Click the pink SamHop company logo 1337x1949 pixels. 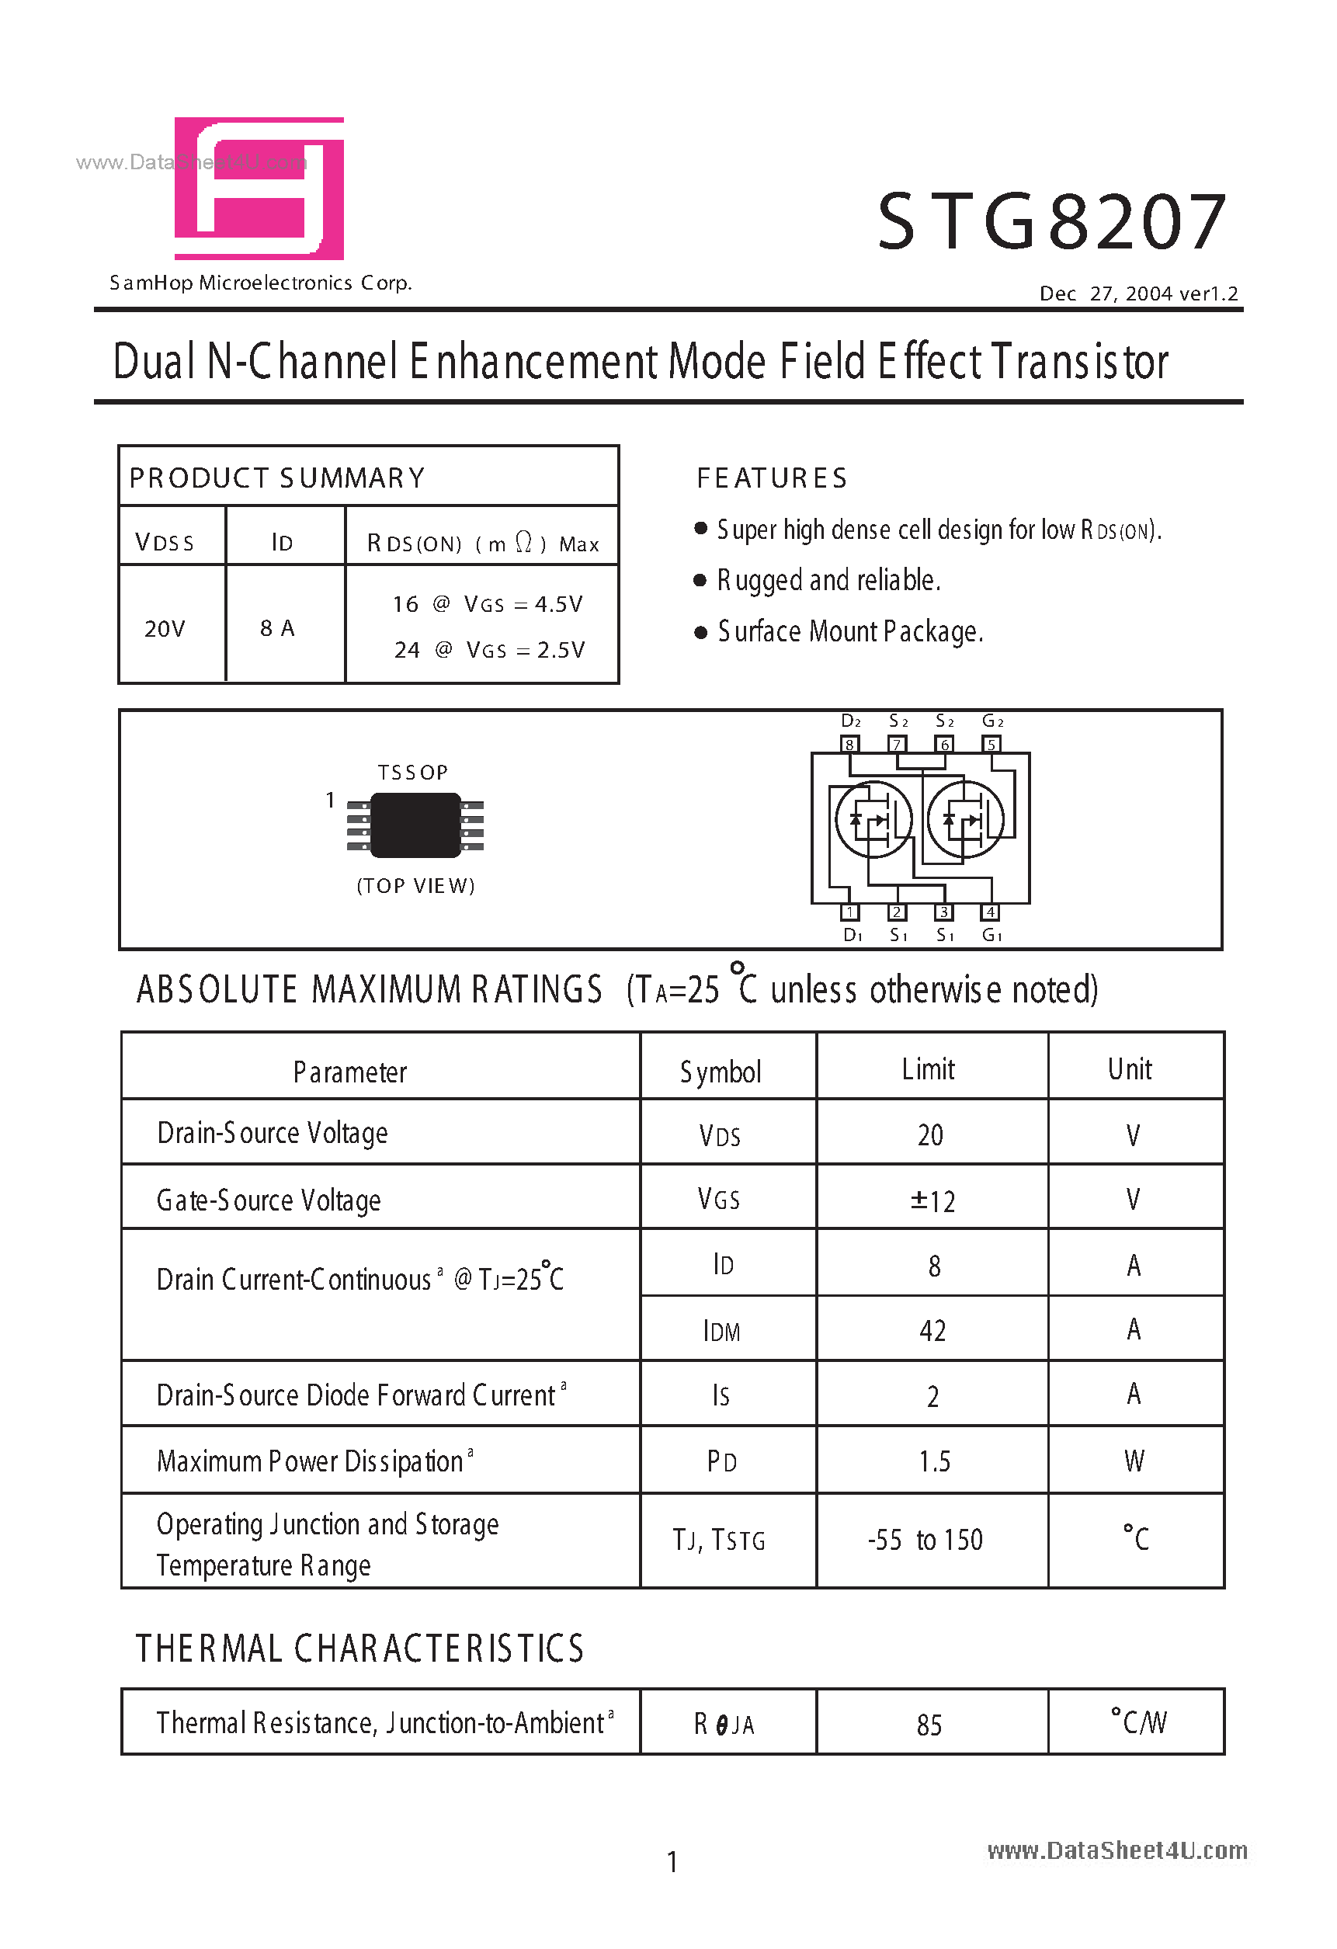coord(259,188)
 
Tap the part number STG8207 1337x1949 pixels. coord(1052,222)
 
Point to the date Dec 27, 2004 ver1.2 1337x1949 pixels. coord(1138,294)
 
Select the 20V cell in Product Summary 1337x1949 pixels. coord(165,628)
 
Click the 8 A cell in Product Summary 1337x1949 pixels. coord(278,628)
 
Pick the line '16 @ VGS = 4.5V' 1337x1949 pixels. coord(488,604)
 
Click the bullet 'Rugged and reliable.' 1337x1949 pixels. coord(828,580)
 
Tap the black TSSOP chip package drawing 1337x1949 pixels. coord(415,825)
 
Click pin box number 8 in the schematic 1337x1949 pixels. coord(849,745)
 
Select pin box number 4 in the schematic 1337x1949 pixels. coord(991,912)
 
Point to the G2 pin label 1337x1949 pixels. coord(992,721)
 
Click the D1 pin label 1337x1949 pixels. coord(853,935)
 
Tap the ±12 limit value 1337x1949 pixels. coord(932,1201)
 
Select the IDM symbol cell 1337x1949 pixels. coord(721,1331)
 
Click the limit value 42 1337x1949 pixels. coord(932,1331)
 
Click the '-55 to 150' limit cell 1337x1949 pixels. coord(925,1540)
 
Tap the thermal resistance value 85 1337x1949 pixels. coord(929,1725)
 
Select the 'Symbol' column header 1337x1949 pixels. coord(721,1072)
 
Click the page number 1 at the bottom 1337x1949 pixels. coord(672,1863)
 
